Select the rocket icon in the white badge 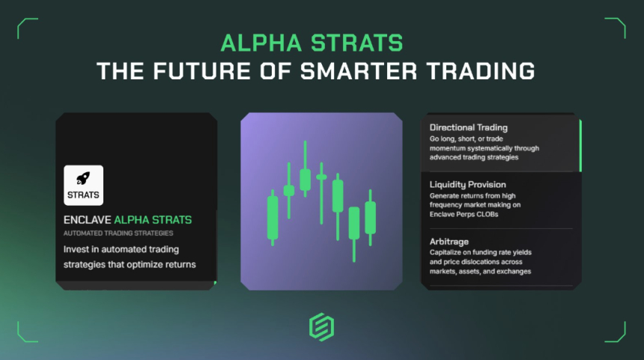pos(83,180)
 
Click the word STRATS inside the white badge pos(83,195)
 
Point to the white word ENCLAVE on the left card pos(86,220)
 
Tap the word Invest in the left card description pos(79,249)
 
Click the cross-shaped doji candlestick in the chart pos(321,177)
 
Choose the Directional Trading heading pos(468,128)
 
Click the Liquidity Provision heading pos(467,184)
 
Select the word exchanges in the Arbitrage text pos(511,271)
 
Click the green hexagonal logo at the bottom pos(321,327)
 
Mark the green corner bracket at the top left pos(27,27)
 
